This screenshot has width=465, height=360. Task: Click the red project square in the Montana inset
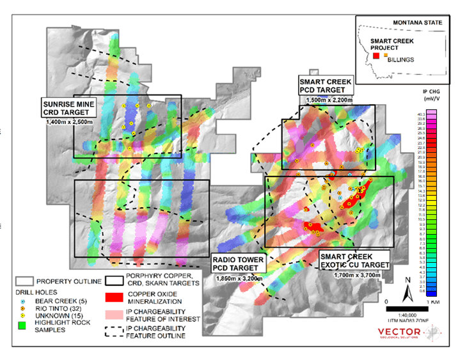tap(376, 57)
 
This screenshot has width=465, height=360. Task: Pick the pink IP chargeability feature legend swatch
tap(117, 315)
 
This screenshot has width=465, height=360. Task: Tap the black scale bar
tap(407, 308)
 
